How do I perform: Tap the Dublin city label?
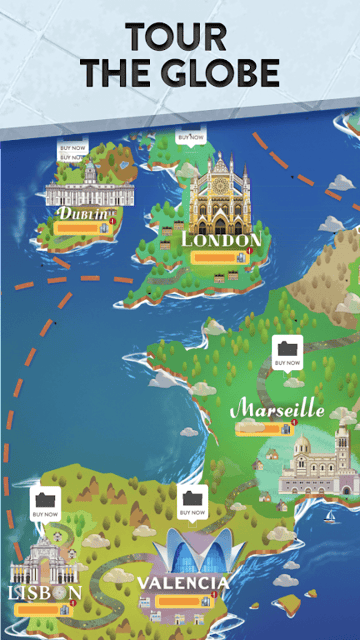[81, 213]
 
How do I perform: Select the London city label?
[221, 240]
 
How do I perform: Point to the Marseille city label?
[277, 410]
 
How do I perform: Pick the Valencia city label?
[183, 582]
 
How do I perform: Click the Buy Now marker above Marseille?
[287, 351]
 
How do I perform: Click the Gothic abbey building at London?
[222, 195]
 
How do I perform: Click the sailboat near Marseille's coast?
[329, 514]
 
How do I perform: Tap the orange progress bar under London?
[212, 258]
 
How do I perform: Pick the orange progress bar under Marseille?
[258, 429]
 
